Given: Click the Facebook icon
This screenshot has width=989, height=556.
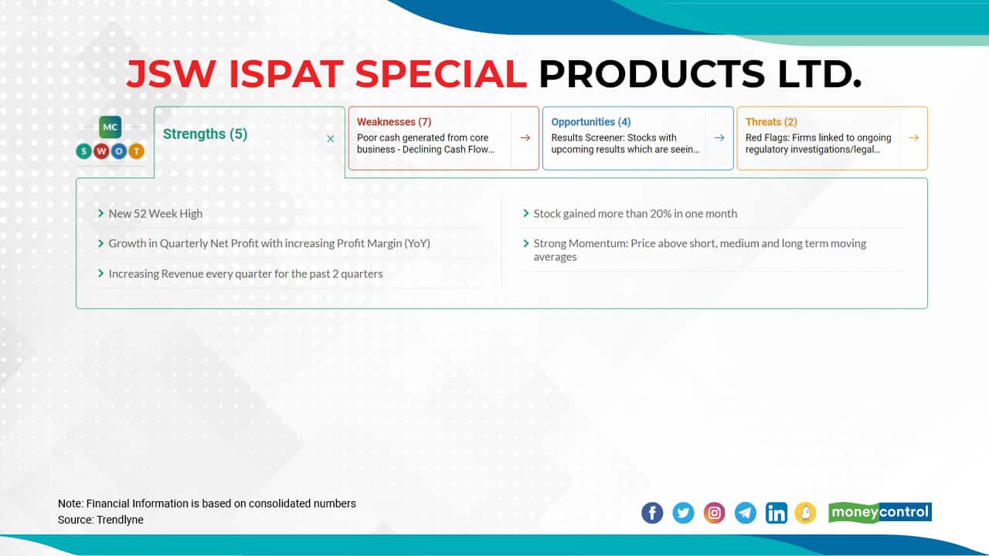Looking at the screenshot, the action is click(652, 513).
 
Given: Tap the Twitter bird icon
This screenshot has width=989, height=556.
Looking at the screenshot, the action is click(683, 513).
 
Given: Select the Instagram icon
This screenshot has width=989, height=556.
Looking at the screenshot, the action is click(714, 513).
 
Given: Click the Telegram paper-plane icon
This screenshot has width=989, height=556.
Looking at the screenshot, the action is click(746, 513).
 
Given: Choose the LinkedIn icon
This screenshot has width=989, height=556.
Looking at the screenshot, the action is click(777, 513).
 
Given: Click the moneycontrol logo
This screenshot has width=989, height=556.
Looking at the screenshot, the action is click(880, 512).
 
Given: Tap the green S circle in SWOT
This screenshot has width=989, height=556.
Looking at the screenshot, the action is click(84, 151).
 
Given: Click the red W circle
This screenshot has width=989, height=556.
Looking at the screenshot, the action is click(101, 151).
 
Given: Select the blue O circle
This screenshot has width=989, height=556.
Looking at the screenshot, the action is click(119, 151).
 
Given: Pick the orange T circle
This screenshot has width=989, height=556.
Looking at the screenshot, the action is click(137, 151).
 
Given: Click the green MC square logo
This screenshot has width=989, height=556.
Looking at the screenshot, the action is click(110, 127).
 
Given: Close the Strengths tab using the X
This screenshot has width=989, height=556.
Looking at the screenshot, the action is click(330, 138).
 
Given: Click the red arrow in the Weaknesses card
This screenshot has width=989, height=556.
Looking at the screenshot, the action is click(525, 137).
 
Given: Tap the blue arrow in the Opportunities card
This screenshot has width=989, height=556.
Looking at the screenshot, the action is click(719, 137).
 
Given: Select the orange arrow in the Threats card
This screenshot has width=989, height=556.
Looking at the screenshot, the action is click(913, 137).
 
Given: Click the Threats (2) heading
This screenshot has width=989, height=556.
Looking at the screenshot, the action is click(771, 122).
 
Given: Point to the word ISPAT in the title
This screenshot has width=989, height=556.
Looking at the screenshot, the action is click(286, 73).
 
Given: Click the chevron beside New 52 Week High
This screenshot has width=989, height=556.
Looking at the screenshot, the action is click(100, 213).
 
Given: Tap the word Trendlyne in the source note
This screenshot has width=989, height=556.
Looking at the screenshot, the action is click(120, 520).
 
